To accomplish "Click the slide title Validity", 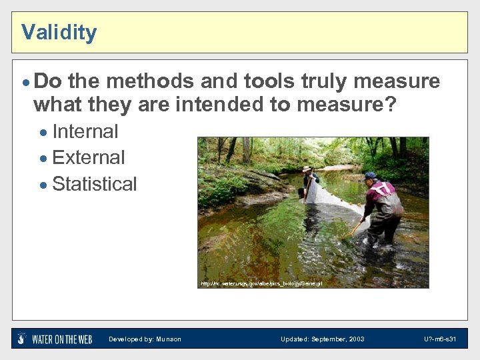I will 59,32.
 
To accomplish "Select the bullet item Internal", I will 85,131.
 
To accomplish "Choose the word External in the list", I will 88,157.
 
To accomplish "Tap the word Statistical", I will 94,184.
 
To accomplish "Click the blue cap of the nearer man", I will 370,176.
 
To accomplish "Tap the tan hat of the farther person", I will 307,169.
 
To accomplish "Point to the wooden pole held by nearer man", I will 354,229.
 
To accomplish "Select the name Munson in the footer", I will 169,339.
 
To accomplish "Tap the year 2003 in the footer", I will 356,339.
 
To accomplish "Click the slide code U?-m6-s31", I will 440,339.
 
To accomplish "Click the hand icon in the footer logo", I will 22,339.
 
